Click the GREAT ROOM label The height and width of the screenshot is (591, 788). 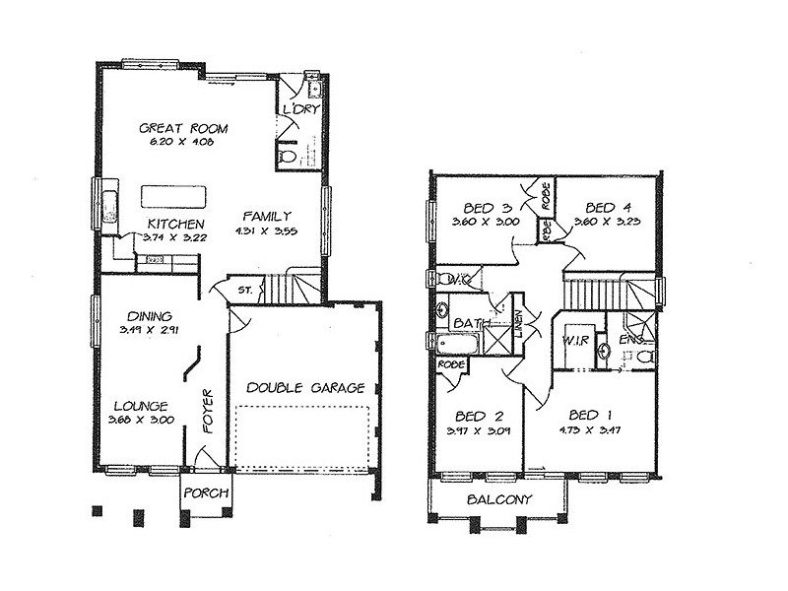183,128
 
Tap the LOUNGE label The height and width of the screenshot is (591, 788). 140,405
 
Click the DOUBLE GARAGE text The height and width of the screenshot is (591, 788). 305,387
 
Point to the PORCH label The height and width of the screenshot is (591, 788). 206,492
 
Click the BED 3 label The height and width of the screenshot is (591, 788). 488,208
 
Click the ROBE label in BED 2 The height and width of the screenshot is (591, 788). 451,363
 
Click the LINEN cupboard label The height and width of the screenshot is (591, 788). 516,324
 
